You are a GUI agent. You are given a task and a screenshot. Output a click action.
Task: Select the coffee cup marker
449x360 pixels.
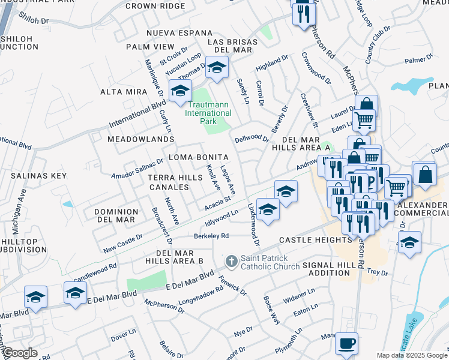(x=346, y=344)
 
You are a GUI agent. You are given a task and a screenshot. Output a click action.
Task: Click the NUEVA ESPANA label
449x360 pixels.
(x=170, y=33)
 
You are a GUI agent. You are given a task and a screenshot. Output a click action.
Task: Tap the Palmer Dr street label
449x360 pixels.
(x=419, y=60)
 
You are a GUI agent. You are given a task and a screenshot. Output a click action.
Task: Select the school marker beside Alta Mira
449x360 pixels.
(x=179, y=91)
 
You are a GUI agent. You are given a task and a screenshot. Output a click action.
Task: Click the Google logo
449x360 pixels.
(x=20, y=353)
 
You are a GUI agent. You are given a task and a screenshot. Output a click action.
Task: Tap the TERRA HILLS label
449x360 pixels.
(x=172, y=178)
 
